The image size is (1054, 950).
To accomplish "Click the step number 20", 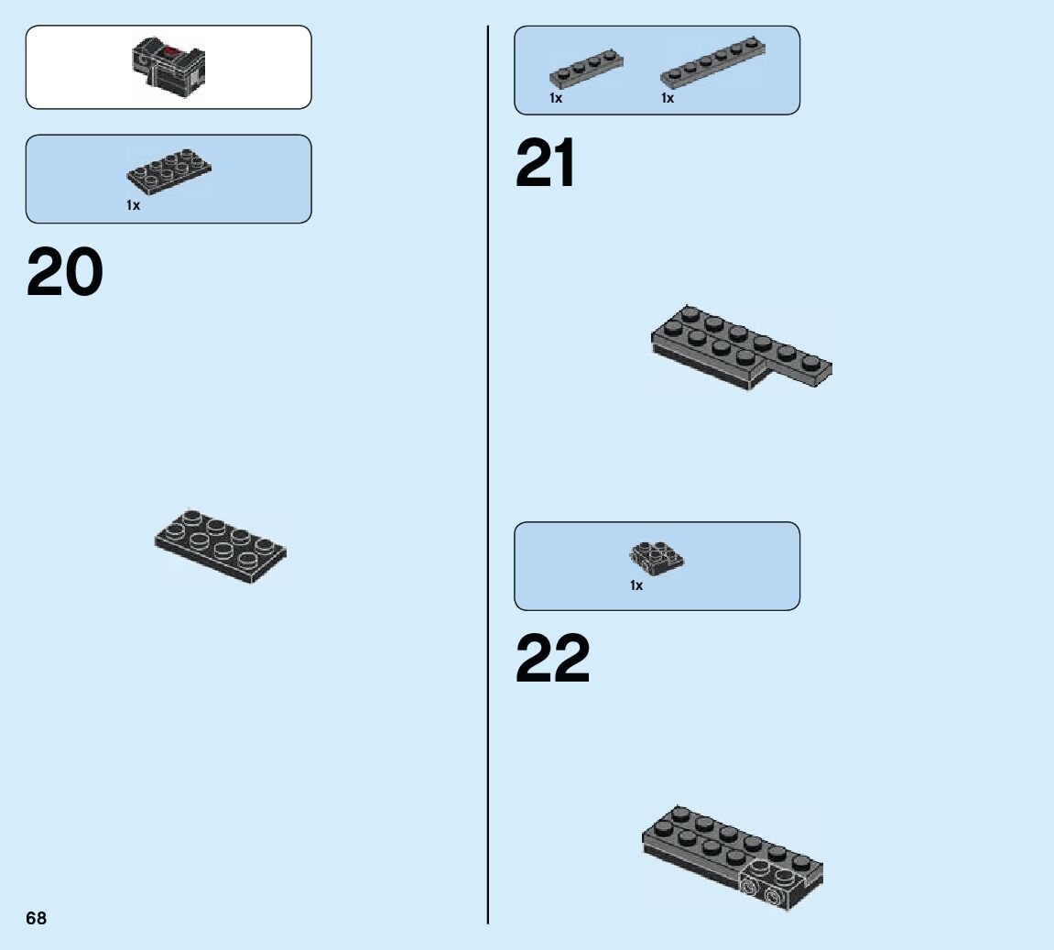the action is (65, 273).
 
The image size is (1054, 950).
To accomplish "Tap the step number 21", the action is (546, 165).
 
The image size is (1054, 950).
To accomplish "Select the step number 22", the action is (553, 661).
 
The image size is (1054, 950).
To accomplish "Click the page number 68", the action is (36, 918).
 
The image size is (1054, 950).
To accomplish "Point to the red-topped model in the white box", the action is (169, 67).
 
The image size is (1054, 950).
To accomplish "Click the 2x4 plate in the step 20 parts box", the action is (168, 169).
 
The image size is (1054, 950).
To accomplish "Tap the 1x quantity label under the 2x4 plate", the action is (134, 205).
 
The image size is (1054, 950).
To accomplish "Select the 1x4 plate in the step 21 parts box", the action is (586, 70).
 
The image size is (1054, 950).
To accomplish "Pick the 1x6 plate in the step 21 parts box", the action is (713, 63).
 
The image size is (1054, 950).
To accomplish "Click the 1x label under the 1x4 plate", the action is (556, 98).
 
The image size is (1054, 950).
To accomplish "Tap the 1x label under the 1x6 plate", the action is (668, 98).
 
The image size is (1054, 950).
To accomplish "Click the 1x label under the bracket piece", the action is (636, 585).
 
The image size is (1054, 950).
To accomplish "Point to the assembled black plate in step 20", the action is (220, 544).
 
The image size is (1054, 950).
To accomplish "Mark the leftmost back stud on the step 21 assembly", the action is (691, 313).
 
